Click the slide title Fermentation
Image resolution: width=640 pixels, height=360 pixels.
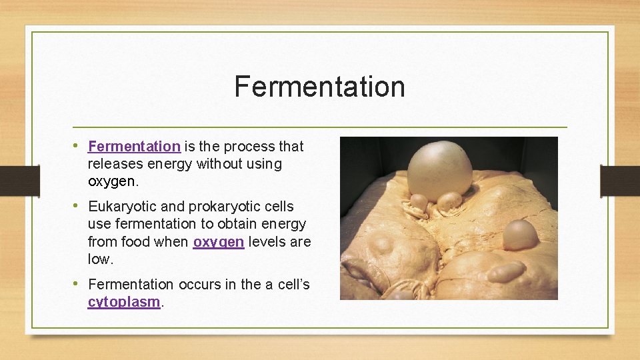(319, 87)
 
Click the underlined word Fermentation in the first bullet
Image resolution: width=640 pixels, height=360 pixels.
(134, 147)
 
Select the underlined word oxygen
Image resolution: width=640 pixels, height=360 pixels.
(219, 242)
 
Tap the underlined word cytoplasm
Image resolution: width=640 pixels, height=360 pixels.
(124, 302)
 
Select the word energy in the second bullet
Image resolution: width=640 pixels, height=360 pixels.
(283, 224)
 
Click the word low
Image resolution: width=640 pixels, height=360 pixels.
(99, 259)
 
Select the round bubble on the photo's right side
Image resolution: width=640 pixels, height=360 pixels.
(519, 235)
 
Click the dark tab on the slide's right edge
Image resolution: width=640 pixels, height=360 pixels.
(619, 181)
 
